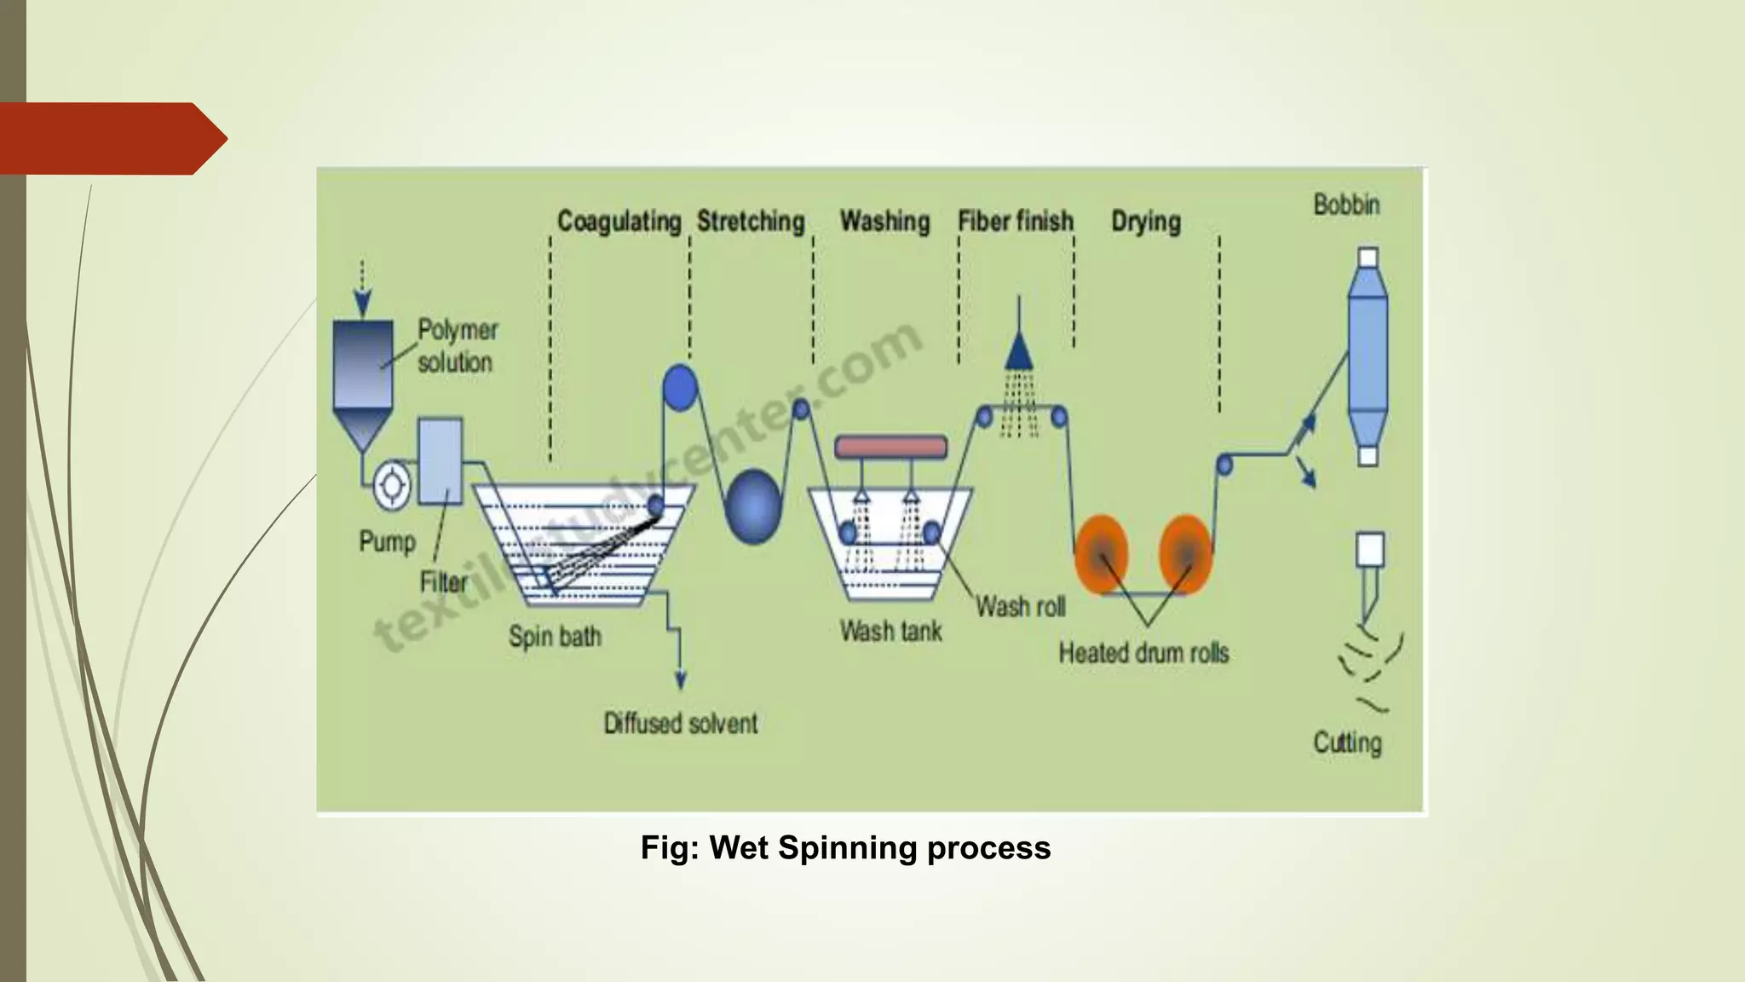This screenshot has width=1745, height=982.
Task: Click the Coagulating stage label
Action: coord(619,222)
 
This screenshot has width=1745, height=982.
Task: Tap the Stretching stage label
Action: coord(751,222)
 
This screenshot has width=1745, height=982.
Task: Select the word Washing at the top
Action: coord(884,222)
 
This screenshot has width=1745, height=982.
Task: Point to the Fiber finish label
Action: coord(1015,222)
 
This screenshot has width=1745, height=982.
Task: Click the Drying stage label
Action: coord(1146,222)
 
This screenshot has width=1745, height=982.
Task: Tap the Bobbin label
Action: coord(1346,205)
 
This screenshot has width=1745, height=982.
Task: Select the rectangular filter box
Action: coord(441,460)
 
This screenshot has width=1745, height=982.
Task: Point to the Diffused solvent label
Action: coord(680,724)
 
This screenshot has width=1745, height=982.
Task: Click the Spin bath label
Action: coord(555,637)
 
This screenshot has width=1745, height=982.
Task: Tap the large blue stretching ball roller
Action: coord(753,506)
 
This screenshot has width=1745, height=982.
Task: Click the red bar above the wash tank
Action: coord(890,447)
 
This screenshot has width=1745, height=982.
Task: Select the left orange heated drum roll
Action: coord(1101,554)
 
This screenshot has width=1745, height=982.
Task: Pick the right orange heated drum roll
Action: coord(1185,554)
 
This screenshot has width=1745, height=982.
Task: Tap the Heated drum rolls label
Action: coord(1143,654)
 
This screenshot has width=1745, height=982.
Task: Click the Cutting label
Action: coord(1347,742)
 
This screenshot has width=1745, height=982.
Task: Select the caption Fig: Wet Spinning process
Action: coord(845,848)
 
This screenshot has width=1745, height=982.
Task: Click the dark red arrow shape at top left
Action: coord(111,139)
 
